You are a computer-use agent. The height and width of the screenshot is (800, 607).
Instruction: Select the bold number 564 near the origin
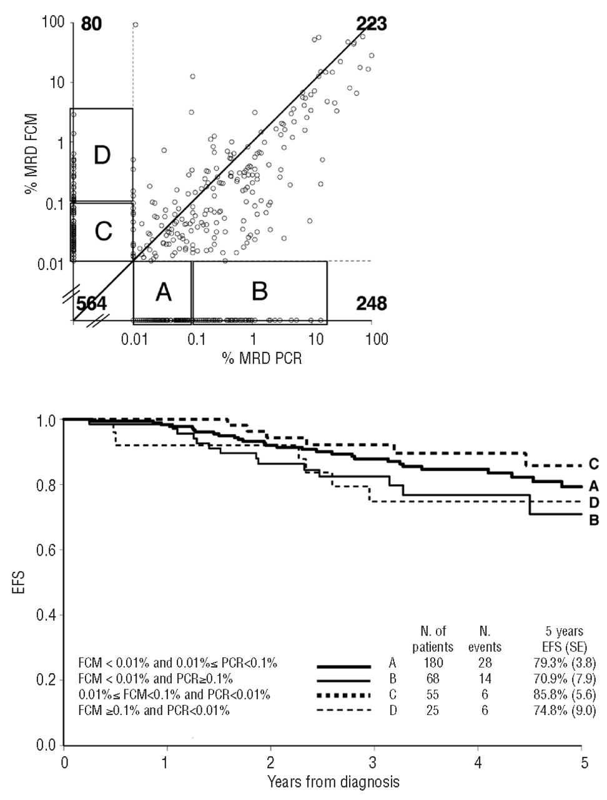tap(92, 304)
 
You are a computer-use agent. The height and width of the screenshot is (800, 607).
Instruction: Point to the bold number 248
tap(371, 304)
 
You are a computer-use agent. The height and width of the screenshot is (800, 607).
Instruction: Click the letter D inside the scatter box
tap(102, 156)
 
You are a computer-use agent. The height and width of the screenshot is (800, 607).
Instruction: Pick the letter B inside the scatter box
tap(259, 291)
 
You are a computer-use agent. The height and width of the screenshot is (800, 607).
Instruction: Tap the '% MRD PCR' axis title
tap(262, 358)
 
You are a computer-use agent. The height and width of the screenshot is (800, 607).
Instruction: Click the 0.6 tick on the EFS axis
tap(46, 550)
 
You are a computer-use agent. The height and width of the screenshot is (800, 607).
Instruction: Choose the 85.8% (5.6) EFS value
tap(563, 694)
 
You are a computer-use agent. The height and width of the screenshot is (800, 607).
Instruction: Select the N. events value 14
tap(485, 679)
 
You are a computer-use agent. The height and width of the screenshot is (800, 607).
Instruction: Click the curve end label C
tap(594, 464)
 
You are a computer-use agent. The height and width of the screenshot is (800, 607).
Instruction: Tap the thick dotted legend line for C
tap(343, 694)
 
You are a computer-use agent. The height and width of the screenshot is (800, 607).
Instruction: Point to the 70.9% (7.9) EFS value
tap(563, 679)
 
